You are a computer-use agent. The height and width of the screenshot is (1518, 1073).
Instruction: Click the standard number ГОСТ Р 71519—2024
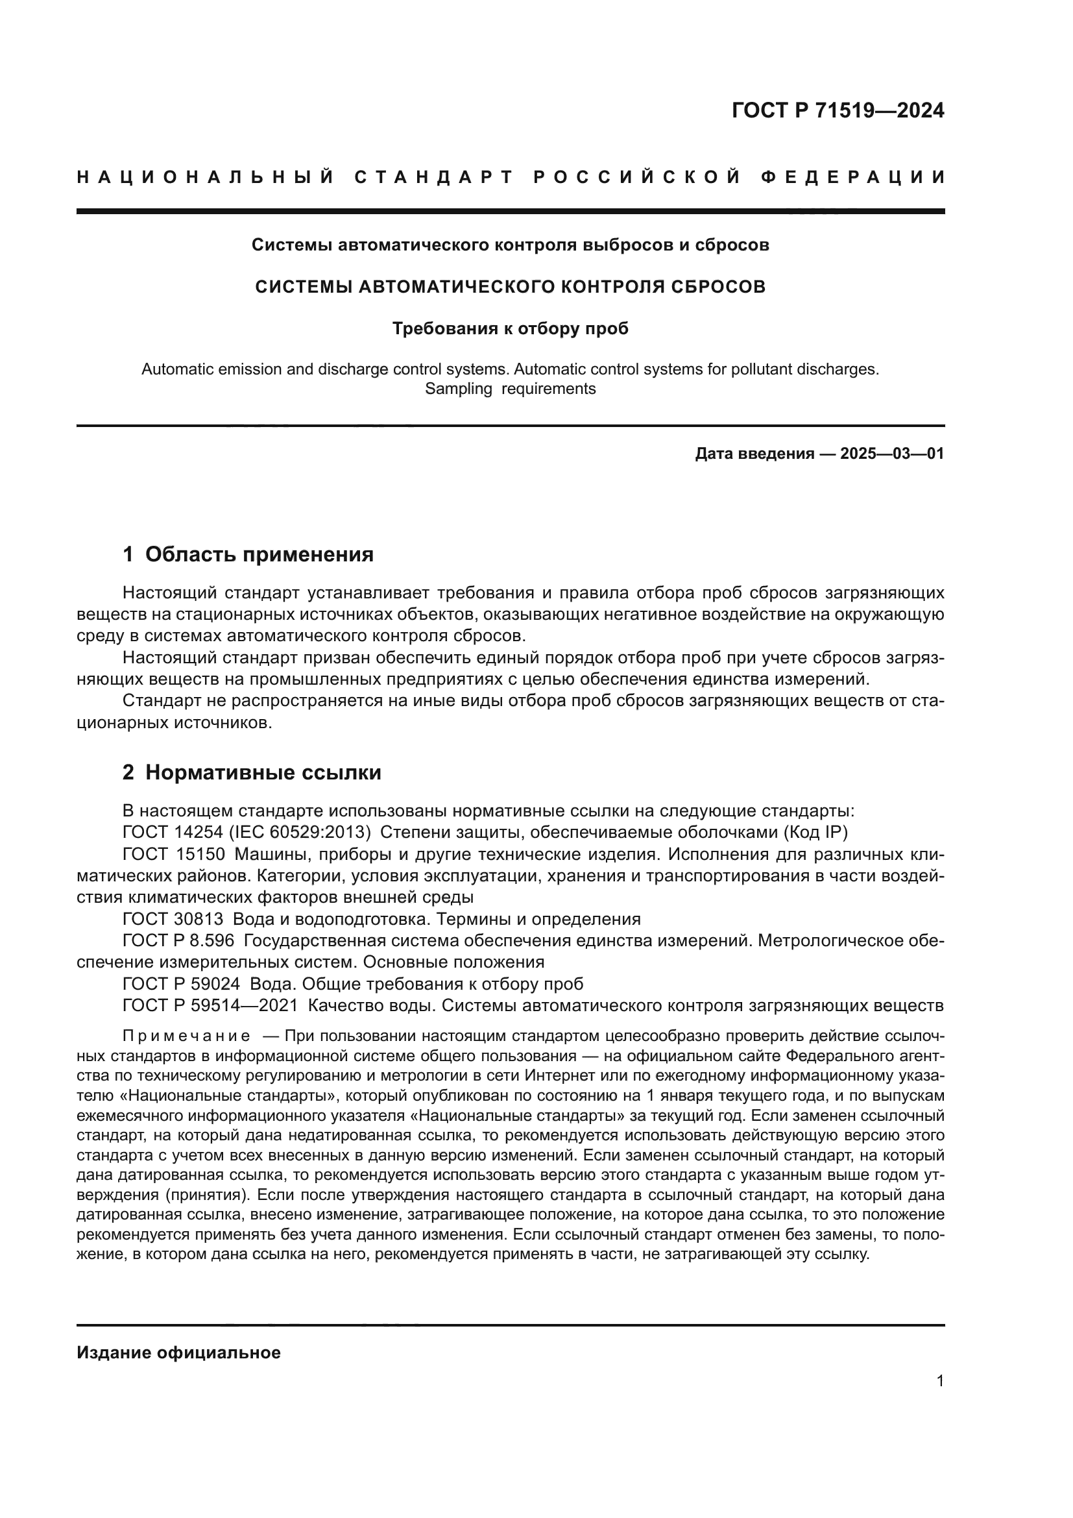pos(837,110)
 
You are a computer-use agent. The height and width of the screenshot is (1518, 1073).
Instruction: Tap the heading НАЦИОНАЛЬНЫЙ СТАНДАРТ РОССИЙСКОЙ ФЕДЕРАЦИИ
pos(511,177)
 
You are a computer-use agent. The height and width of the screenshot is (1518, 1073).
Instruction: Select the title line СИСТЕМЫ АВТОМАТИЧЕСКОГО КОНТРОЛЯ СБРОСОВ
pos(510,287)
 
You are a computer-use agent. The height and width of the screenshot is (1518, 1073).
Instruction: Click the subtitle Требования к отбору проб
pos(510,328)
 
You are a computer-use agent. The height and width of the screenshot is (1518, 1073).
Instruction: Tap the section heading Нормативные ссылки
pos(263,772)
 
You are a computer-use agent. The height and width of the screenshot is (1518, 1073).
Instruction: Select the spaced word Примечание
pos(186,1035)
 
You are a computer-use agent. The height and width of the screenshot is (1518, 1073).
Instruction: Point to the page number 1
pos(939,1381)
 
